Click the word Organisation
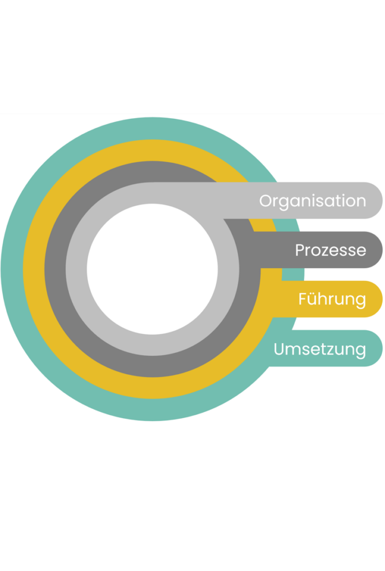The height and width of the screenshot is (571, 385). pyautogui.click(x=313, y=201)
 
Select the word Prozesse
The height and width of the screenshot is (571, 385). pyautogui.click(x=330, y=250)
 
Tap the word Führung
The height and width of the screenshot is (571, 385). pyautogui.click(x=332, y=299)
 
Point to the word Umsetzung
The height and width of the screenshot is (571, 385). pyautogui.click(x=320, y=349)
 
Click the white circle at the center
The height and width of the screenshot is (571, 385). pyautogui.click(x=152, y=269)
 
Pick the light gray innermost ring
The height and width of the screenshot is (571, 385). pyautogui.click(x=76, y=269)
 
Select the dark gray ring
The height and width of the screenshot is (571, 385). pyautogui.click(x=55, y=269)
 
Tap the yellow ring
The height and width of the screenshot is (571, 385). pyautogui.click(x=33, y=269)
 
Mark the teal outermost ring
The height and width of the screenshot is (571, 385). pyautogui.click(x=12, y=269)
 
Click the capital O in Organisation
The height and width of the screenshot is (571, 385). pyautogui.click(x=266, y=201)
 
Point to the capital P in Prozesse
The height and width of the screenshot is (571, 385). pyautogui.click(x=299, y=250)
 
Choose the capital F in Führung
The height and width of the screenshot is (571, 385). pyautogui.click(x=303, y=299)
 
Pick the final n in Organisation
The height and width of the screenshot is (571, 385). pyautogui.click(x=362, y=201)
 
